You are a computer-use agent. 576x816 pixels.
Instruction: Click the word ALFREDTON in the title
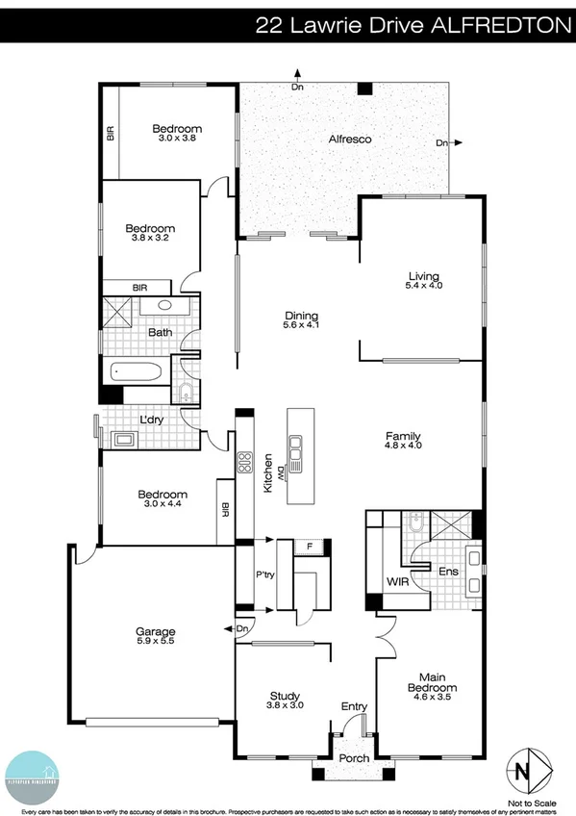point(499,26)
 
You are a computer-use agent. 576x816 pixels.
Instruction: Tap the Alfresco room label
point(350,139)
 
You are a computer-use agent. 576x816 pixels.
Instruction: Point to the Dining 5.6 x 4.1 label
point(301,320)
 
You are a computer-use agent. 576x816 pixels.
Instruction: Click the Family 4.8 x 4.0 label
point(404,441)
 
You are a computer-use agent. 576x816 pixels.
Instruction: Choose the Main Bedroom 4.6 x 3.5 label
point(431,682)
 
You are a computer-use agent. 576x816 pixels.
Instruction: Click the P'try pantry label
point(265,575)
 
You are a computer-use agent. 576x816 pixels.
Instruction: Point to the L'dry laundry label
point(150,421)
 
